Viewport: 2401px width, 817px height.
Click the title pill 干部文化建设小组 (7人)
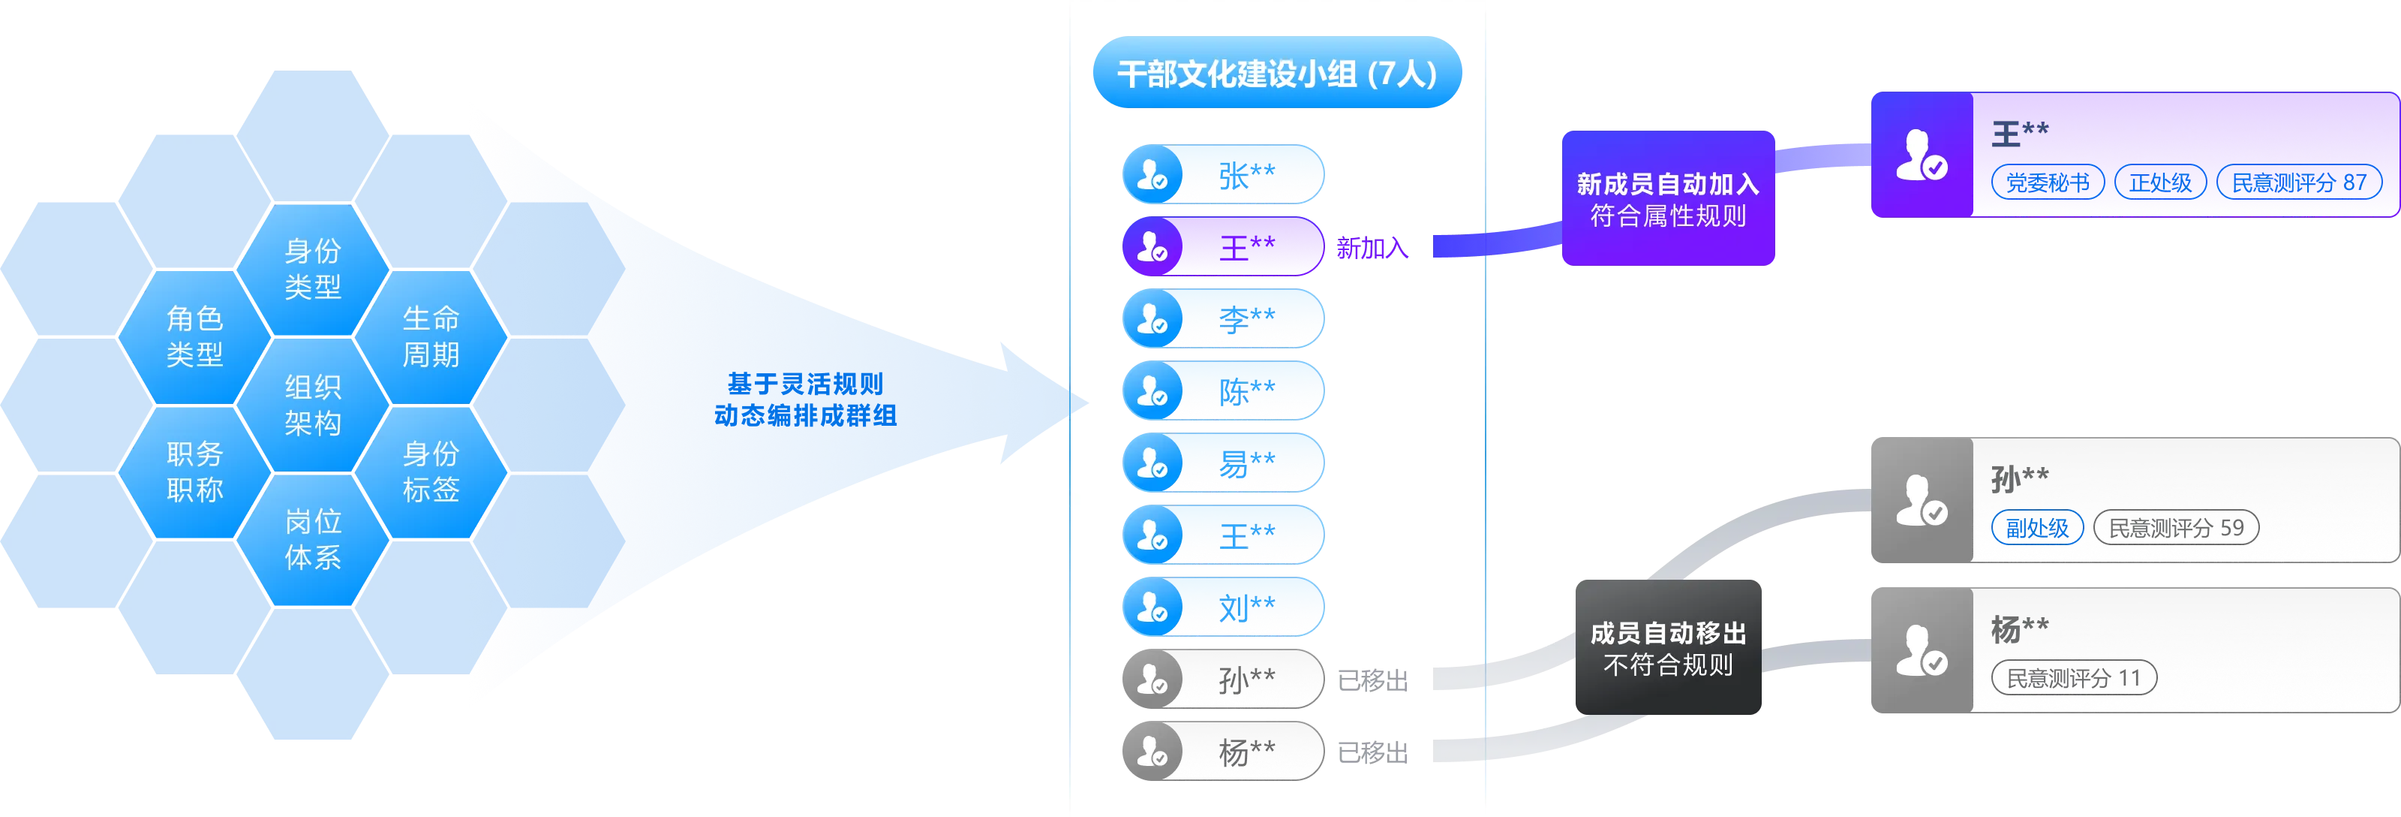pos(1277,73)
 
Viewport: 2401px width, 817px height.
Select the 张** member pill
pos(1224,174)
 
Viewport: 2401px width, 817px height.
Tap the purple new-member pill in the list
pos(1224,246)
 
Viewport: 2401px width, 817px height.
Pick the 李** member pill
pos(1224,319)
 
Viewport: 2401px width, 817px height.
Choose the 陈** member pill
pos(1224,390)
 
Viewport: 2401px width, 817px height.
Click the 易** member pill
pos(1224,463)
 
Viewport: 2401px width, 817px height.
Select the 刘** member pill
pos(1224,607)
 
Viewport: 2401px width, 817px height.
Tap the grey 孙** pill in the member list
pos(1224,679)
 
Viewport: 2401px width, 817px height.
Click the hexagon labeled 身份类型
pos(312,269)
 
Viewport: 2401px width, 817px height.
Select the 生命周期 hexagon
pos(431,336)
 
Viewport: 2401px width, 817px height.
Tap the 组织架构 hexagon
pos(312,405)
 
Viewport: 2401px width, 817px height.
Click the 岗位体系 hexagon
pos(312,539)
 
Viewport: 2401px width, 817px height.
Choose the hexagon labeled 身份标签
pos(431,472)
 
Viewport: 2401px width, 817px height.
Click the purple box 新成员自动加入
pos(1667,200)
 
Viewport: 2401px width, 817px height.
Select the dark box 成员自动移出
pos(1667,648)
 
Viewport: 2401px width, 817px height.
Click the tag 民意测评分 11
pos(2073,678)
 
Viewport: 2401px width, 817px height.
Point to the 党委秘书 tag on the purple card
pos(2047,182)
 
